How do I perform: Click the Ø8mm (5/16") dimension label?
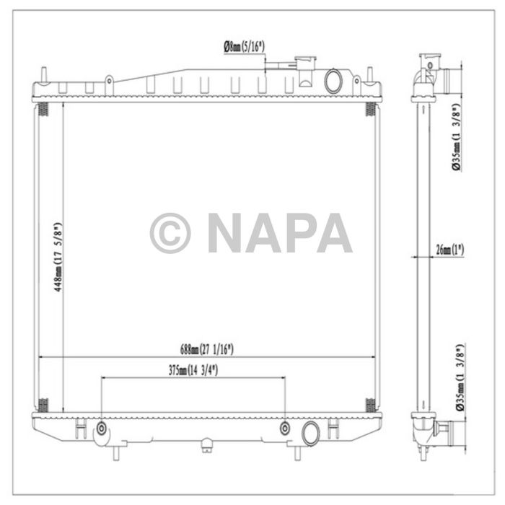244,46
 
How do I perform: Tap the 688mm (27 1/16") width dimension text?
207,349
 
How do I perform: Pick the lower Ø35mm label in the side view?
457,377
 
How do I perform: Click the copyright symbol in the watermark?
170,233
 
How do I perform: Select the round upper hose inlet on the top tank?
334,80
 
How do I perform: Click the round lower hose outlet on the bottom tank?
312,433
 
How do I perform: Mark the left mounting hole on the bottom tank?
102,430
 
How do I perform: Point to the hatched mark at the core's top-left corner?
43,110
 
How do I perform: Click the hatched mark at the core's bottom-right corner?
370,404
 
